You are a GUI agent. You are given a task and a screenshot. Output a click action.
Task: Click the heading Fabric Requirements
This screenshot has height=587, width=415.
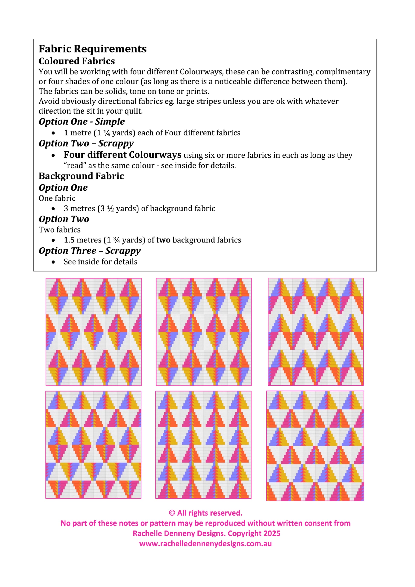tap(93, 49)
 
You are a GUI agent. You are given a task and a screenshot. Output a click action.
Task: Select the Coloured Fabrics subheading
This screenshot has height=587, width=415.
tap(77, 61)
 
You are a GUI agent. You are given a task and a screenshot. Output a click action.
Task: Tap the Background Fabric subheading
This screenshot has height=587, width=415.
tap(81, 176)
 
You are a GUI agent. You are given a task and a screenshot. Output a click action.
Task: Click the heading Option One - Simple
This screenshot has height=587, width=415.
tap(82, 121)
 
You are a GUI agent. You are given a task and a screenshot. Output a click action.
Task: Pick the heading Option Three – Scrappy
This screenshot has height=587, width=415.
tap(89, 251)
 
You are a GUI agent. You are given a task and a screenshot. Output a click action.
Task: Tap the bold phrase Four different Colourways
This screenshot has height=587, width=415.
tap(123, 155)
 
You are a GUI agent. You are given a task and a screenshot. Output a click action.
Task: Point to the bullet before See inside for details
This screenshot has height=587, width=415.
tap(53, 262)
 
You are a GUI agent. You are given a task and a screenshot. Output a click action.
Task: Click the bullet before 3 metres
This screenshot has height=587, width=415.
tap(53, 209)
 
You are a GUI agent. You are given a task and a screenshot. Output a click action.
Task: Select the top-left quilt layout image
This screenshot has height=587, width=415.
tap(94, 332)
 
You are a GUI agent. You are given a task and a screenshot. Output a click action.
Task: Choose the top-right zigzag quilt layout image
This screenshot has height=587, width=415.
tap(316, 332)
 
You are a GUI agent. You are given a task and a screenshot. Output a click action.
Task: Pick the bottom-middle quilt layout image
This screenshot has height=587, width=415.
tap(203, 445)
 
